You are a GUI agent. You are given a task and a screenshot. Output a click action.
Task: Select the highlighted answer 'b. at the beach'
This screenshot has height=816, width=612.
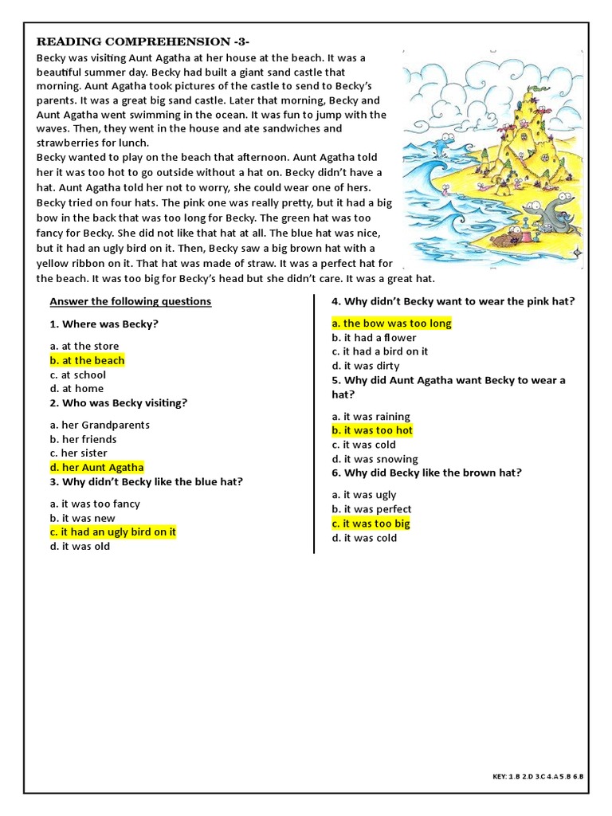(x=87, y=360)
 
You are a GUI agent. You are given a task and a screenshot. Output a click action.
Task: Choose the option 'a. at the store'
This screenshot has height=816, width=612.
(x=84, y=346)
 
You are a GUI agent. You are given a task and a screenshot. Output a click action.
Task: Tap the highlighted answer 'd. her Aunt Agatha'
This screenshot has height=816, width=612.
(x=96, y=468)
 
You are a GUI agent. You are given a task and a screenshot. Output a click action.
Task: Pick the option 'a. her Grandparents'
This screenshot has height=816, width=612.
(x=100, y=425)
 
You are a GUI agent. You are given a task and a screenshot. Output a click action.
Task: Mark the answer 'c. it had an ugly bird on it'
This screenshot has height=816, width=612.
(x=112, y=532)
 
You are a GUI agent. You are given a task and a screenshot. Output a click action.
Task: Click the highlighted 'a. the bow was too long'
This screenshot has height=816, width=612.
(x=391, y=323)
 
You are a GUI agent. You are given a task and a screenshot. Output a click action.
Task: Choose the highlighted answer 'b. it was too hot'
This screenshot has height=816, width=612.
(x=372, y=430)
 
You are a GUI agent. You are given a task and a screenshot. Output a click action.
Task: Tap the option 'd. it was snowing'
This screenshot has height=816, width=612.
(x=375, y=459)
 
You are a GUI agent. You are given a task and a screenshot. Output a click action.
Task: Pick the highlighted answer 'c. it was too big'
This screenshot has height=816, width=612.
(x=371, y=524)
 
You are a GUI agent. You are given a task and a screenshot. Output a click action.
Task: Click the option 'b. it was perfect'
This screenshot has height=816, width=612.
(x=371, y=509)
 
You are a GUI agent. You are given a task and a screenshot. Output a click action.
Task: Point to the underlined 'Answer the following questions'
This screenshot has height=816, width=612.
(x=131, y=301)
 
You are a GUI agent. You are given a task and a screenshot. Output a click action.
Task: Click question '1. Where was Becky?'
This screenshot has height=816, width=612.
(x=104, y=324)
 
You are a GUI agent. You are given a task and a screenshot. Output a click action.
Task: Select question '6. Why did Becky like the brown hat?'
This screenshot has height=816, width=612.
(x=426, y=473)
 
